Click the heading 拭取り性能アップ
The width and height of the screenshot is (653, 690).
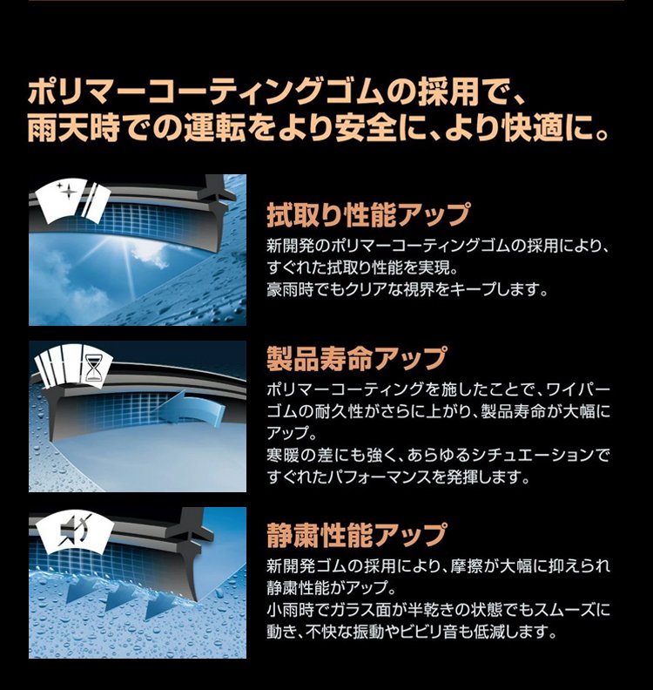click(368, 214)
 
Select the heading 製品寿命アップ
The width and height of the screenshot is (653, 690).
click(357, 359)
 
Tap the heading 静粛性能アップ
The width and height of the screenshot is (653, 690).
click(357, 535)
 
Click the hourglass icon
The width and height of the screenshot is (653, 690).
click(92, 369)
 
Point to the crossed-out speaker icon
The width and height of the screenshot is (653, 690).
click(72, 531)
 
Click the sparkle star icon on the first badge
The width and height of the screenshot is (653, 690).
click(67, 192)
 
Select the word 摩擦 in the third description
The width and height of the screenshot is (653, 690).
click(465, 566)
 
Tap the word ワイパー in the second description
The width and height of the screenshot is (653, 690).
click(578, 389)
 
